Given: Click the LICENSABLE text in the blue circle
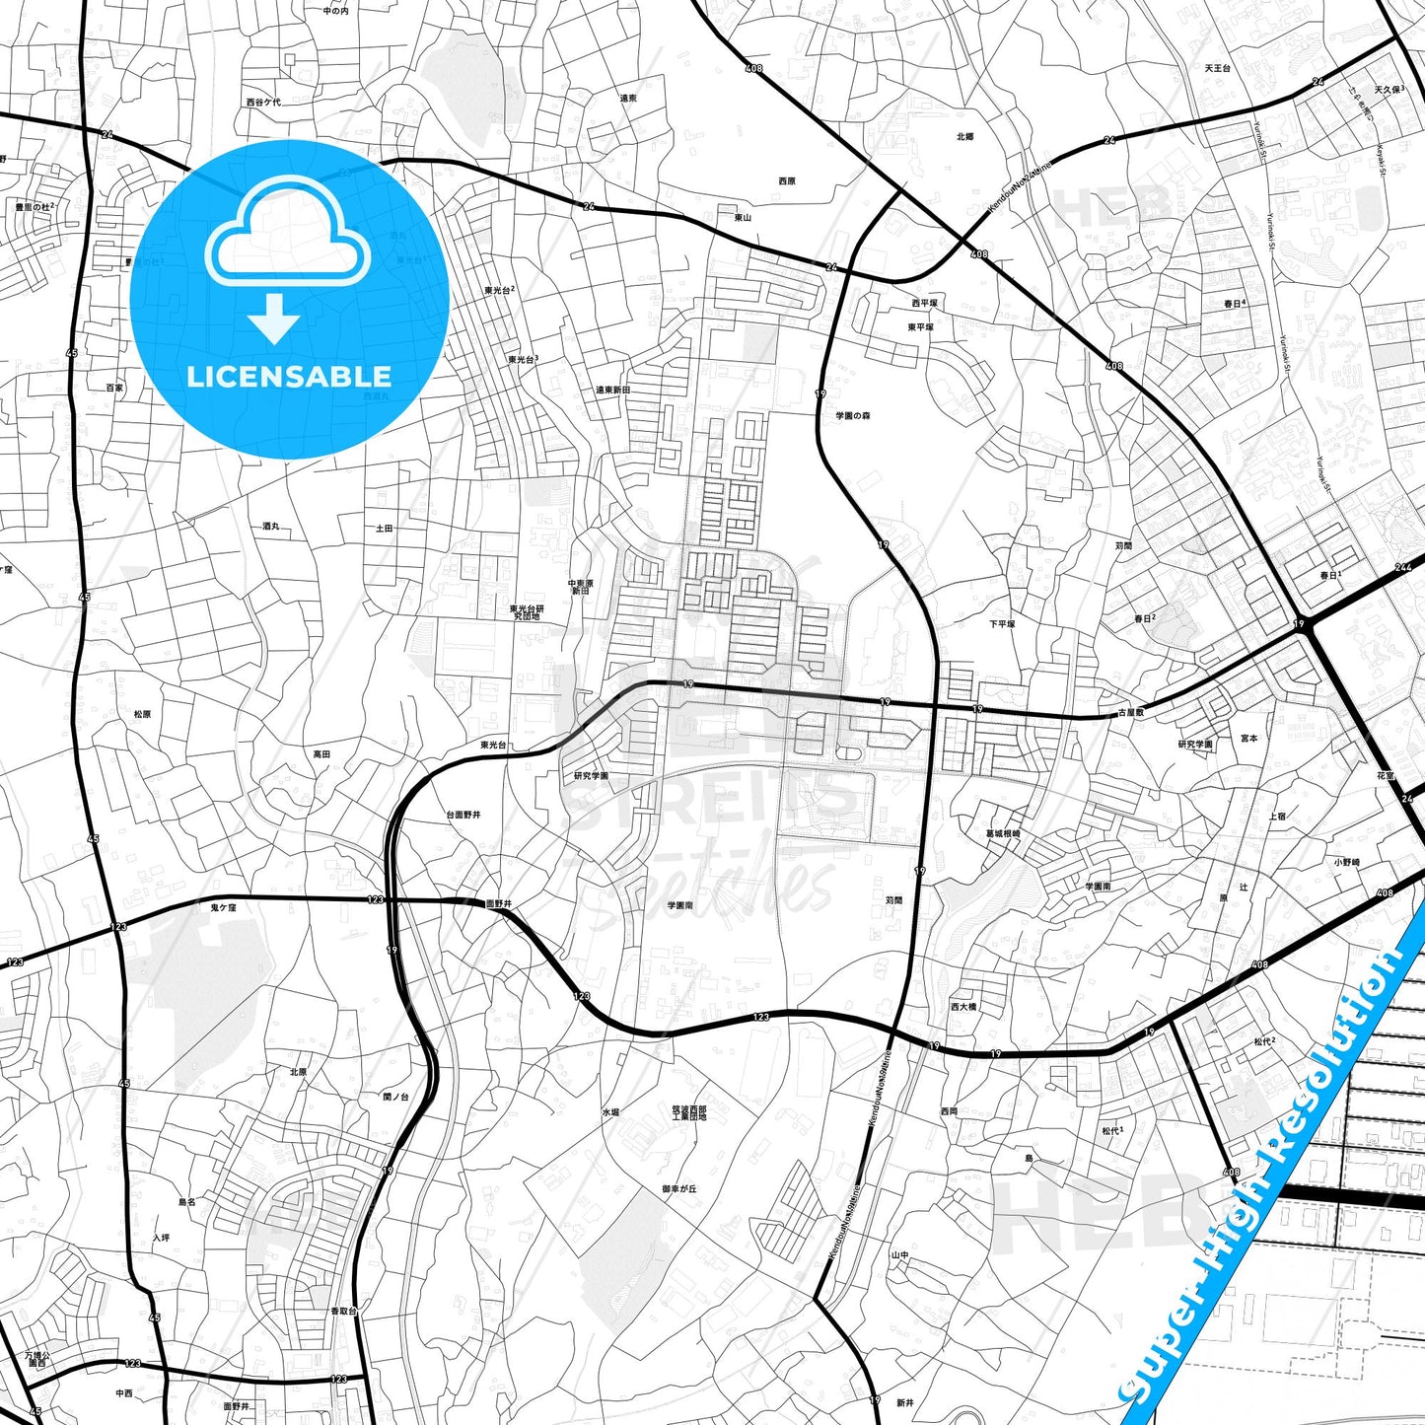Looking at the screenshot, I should pyautogui.click(x=289, y=376).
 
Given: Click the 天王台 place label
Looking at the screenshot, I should pyautogui.click(x=1218, y=69).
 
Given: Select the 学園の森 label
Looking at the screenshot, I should pyautogui.click(x=853, y=416).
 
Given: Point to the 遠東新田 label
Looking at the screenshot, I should pyautogui.click(x=612, y=390).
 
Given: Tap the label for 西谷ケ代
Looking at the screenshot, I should pyautogui.click(x=263, y=102).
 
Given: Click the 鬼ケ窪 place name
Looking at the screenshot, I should pyautogui.click(x=224, y=906).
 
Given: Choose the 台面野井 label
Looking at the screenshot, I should pyautogui.click(x=463, y=815).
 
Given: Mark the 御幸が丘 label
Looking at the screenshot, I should pyautogui.click(x=679, y=1189).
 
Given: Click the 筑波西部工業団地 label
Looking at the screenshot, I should pyautogui.click(x=689, y=1113).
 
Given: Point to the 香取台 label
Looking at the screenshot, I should pyautogui.click(x=343, y=1311).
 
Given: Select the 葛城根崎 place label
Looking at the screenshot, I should pyautogui.click(x=1003, y=834).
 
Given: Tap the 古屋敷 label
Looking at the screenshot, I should pyautogui.click(x=1130, y=712).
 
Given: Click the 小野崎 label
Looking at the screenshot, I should pyautogui.click(x=1347, y=862).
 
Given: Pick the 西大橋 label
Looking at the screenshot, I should pyautogui.click(x=962, y=1007).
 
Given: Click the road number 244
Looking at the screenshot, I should pyautogui.click(x=1403, y=568).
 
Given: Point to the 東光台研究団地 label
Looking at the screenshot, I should pyautogui.click(x=527, y=612).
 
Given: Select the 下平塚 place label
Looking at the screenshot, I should pyautogui.click(x=1002, y=624).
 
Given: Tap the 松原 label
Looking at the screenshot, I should pyautogui.click(x=142, y=714).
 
